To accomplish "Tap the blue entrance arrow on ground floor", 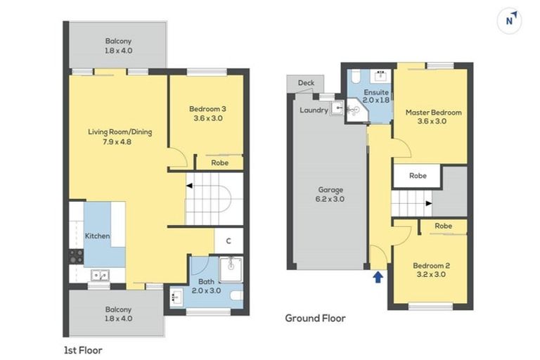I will [x=378, y=277].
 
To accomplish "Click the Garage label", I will [x=329, y=190].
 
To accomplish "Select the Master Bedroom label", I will [x=433, y=112].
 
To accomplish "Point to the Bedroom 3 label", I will [x=207, y=109].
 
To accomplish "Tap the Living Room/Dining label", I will [x=120, y=132].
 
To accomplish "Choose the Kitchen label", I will [x=98, y=236].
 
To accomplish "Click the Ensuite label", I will [x=376, y=93].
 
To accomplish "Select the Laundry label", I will [x=314, y=110].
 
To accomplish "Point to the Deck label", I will [x=306, y=83].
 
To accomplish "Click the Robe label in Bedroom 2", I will [x=442, y=226].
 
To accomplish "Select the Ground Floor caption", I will [x=314, y=318].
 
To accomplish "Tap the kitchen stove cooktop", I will [x=76, y=256].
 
